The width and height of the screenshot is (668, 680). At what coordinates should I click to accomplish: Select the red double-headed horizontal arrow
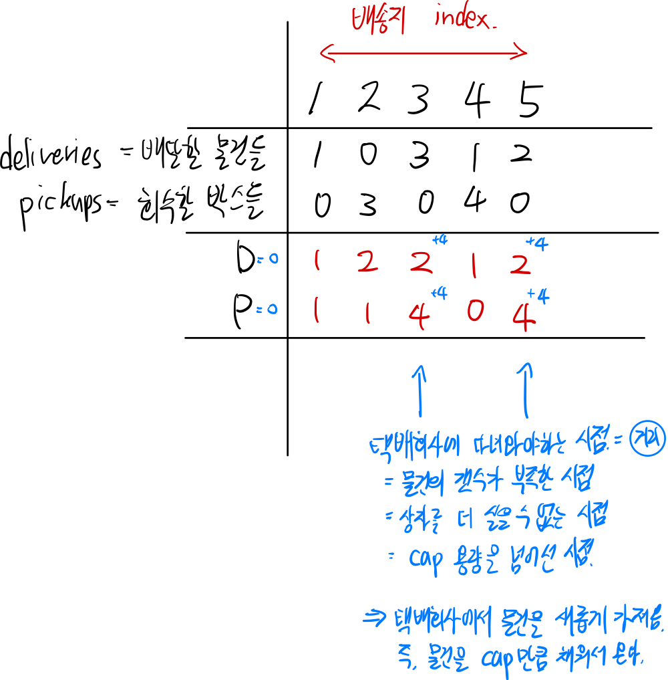(424, 53)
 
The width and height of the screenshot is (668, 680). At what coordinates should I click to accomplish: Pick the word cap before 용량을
(426, 560)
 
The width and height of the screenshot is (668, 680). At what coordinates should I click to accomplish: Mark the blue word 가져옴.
(635, 623)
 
